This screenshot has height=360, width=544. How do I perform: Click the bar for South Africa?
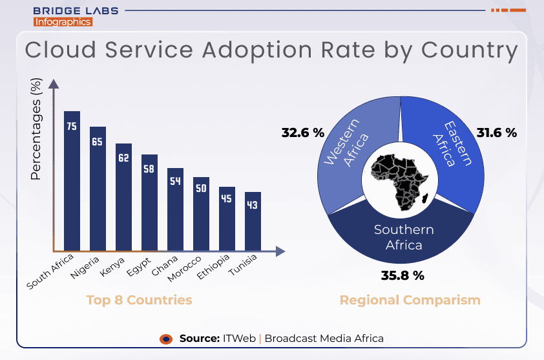(72, 181)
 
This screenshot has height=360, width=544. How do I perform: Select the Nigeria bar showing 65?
(98, 188)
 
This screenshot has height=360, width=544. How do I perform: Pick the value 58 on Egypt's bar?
(149, 169)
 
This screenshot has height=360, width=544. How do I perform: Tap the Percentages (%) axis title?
(36, 129)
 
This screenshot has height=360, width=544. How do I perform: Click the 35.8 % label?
(402, 275)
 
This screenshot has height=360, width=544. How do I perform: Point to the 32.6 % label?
(302, 132)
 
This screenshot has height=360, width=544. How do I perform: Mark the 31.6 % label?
(497, 132)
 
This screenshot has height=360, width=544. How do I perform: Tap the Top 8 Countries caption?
(139, 300)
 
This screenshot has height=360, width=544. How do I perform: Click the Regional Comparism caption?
(410, 300)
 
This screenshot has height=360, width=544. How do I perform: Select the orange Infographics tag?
(63, 22)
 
